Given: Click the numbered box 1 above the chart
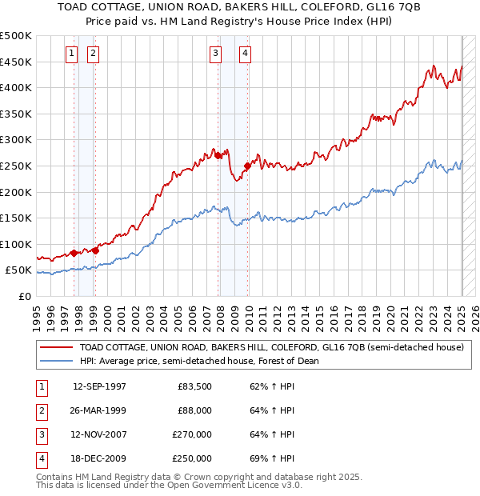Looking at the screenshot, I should [71, 54].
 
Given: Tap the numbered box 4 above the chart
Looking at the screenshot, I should [245, 54].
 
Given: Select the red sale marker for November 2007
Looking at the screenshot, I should [218, 156].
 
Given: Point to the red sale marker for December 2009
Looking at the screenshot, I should [247, 166].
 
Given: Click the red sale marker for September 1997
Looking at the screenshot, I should [74, 253].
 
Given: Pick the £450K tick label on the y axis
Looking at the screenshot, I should [17, 62].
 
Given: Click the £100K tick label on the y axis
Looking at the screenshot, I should [17, 244].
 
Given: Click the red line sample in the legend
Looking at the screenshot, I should [57, 348].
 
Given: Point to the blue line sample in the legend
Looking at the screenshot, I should [57, 361].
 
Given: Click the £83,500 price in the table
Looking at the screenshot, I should [194, 386].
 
